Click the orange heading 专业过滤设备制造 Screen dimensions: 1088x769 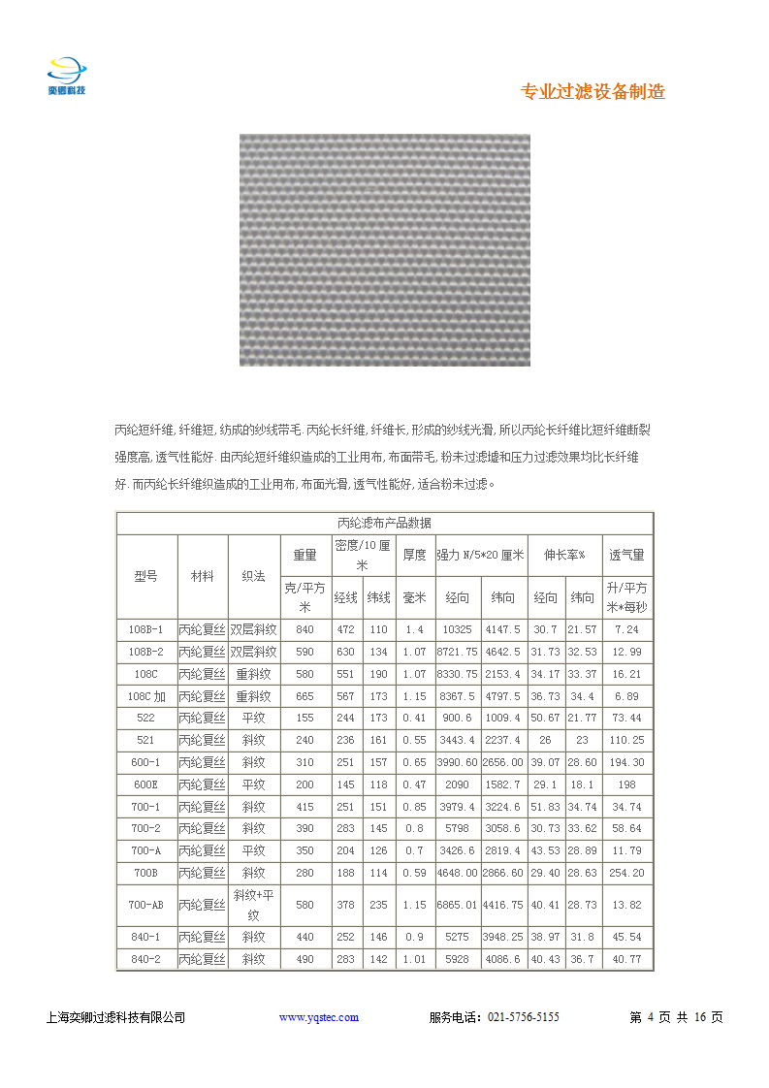click(593, 92)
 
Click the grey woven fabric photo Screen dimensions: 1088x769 click(384, 249)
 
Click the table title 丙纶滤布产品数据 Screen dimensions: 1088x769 click(384, 523)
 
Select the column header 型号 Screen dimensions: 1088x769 click(145, 575)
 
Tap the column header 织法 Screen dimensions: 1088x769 click(254, 575)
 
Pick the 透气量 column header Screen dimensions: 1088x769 click(626, 556)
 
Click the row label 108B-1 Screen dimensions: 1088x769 click(145, 629)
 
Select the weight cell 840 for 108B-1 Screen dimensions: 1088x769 click(304, 629)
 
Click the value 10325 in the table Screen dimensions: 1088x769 click(457, 629)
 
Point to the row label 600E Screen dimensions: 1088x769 click(145, 784)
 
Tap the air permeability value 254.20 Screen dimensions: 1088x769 click(626, 873)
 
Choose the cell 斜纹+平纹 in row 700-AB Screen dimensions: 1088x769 click(254, 904)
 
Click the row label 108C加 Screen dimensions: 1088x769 click(145, 696)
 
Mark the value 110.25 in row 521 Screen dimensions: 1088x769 click(626, 740)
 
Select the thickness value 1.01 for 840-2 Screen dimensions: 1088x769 click(414, 960)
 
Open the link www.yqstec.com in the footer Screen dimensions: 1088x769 click(319, 1017)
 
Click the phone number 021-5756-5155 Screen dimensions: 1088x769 click(523, 1017)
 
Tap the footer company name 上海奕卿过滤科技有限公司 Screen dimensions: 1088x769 click(115, 1017)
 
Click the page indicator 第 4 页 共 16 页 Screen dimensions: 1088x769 click(676, 1017)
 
